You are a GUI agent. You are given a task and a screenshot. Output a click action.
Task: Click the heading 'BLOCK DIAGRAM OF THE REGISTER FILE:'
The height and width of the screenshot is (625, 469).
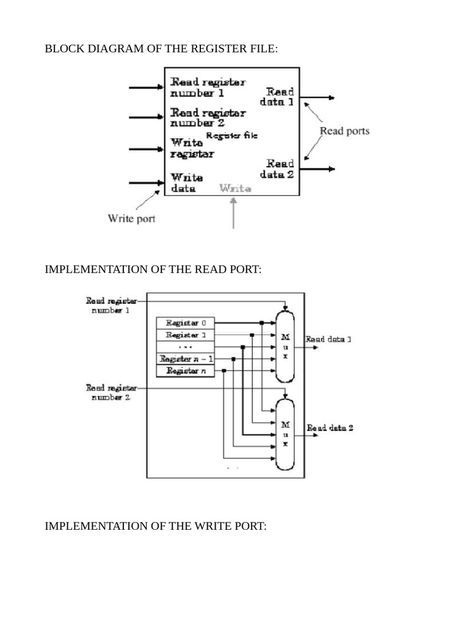pyautogui.click(x=161, y=49)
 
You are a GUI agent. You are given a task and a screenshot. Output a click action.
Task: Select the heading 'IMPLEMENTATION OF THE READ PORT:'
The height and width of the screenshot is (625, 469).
pyautogui.click(x=153, y=269)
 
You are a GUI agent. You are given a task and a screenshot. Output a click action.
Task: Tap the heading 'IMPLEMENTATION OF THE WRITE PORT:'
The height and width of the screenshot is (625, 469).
pyautogui.click(x=156, y=526)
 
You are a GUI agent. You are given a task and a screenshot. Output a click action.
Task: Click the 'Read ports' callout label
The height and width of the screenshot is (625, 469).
pyautogui.click(x=344, y=131)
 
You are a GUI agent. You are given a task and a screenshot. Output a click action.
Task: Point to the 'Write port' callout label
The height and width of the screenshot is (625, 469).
pyautogui.click(x=131, y=218)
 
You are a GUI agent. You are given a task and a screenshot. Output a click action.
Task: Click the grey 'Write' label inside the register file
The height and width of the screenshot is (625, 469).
pyautogui.click(x=235, y=189)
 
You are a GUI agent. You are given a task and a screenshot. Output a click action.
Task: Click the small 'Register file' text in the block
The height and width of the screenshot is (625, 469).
pyautogui.click(x=231, y=135)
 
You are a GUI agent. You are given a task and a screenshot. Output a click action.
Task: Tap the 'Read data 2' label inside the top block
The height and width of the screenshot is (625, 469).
pyautogui.click(x=280, y=168)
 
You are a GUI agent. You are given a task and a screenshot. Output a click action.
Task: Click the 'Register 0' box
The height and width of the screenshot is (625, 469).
pyautogui.click(x=186, y=323)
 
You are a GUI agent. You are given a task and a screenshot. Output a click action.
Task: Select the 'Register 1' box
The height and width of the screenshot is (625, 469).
pyautogui.click(x=186, y=335)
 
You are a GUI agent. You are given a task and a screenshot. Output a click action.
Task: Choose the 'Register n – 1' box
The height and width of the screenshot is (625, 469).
pyautogui.click(x=186, y=359)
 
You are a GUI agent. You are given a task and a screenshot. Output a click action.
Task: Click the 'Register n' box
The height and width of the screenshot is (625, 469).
pyautogui.click(x=186, y=371)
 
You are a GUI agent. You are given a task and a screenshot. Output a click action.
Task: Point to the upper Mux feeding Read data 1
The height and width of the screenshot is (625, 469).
pyautogui.click(x=285, y=346)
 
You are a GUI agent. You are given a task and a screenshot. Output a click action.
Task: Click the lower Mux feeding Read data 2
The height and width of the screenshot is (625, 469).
pyautogui.click(x=285, y=433)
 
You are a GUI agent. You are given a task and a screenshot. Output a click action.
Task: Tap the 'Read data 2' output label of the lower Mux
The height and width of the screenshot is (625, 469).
pyautogui.click(x=330, y=428)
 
